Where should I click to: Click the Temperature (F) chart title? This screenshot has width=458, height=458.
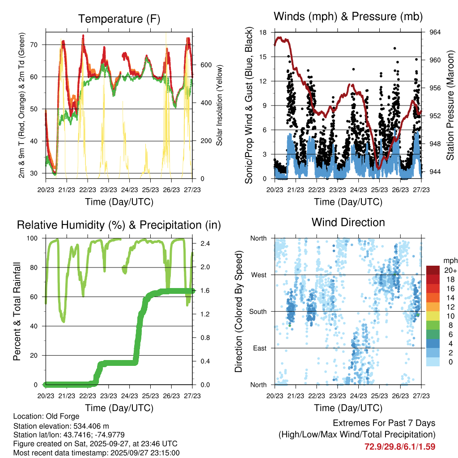[x=119, y=19]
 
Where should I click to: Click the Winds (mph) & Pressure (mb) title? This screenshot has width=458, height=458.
[x=348, y=17]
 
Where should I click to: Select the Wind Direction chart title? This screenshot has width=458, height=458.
[x=348, y=222]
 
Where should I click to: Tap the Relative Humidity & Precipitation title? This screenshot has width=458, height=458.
[x=119, y=225]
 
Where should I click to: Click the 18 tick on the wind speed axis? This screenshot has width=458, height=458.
[x=263, y=32]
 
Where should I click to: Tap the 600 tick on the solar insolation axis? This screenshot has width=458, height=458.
[x=205, y=64]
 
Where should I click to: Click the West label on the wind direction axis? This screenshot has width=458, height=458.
[x=259, y=275]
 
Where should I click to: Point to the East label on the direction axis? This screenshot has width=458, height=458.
[x=259, y=348]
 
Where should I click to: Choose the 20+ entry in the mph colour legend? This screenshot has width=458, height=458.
[x=450, y=270]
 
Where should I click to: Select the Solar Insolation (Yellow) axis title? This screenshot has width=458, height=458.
[x=220, y=105]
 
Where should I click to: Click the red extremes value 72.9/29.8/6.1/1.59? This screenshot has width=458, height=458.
[x=400, y=447]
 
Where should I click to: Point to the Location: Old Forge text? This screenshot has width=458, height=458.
[x=46, y=416]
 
